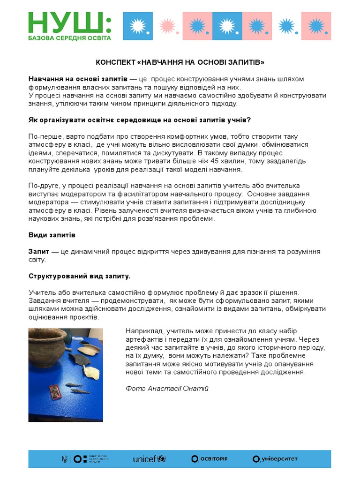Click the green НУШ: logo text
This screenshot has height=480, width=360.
pos(69,22)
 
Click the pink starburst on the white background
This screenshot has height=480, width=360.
pos(166,26)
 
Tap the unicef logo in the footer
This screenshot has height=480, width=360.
pos(149,459)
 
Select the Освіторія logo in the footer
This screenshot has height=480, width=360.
pos(209,459)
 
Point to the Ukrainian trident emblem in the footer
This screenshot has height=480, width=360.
pos(65,459)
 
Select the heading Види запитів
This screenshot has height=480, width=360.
pos(52,234)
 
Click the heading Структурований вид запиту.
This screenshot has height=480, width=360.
pos(79,276)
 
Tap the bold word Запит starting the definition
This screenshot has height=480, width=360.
pos(38,252)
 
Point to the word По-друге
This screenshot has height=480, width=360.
pos(43,186)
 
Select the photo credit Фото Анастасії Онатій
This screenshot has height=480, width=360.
pos(167,388)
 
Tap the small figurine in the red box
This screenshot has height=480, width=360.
pos(55,392)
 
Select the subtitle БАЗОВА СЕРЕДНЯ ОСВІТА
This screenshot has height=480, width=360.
pos(69,38)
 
